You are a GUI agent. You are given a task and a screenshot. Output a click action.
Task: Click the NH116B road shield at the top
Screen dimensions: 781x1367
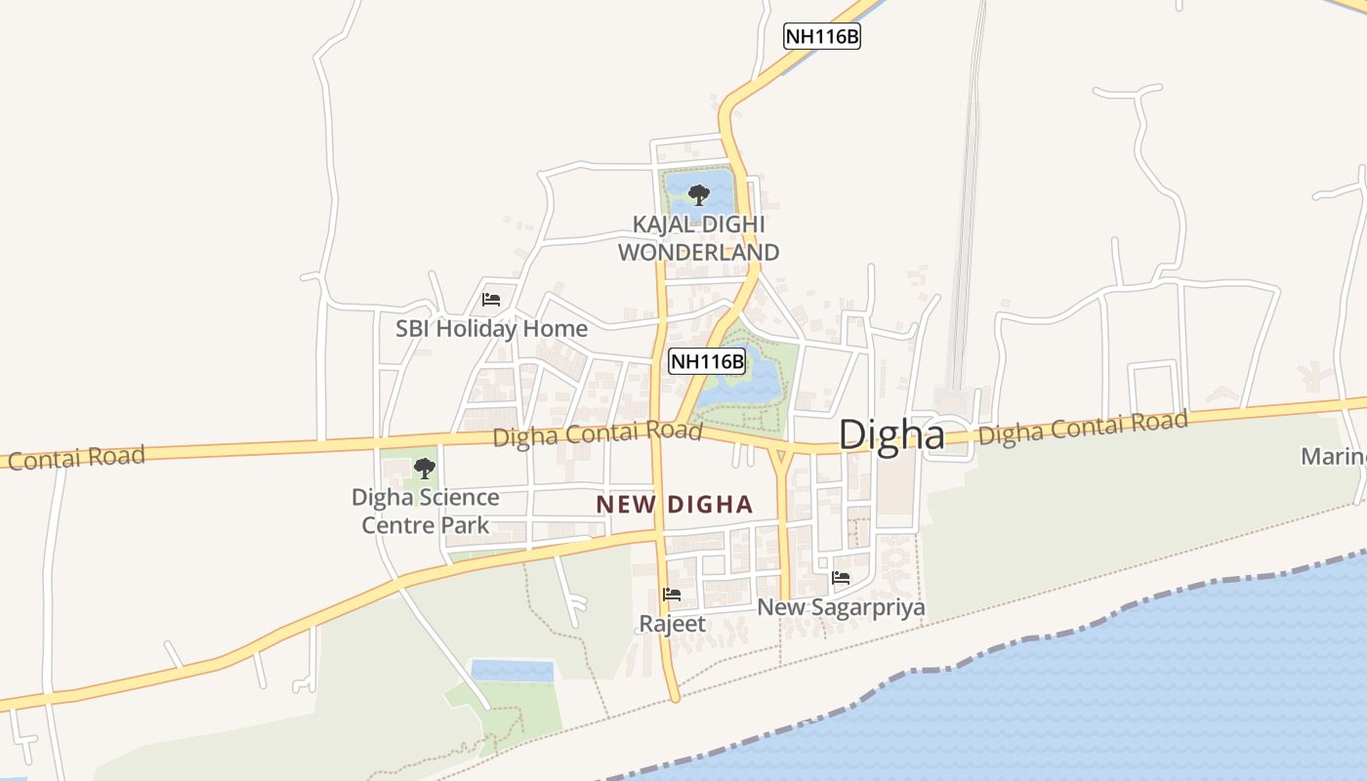click(822, 36)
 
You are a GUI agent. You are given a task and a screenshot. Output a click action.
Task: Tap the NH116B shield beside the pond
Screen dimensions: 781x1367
click(707, 361)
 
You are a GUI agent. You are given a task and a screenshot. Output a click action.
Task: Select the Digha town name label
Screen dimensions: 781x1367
click(891, 434)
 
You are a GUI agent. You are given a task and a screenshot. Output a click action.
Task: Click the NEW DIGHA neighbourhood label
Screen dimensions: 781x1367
click(675, 505)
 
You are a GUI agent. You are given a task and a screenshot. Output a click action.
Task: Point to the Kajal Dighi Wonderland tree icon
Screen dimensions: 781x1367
click(698, 195)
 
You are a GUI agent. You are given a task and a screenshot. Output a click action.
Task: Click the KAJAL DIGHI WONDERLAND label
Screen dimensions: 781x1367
click(699, 238)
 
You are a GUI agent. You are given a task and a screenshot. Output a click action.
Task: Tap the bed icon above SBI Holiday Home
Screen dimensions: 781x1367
click(491, 300)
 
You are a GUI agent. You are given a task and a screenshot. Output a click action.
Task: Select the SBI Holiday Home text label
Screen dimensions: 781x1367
click(491, 328)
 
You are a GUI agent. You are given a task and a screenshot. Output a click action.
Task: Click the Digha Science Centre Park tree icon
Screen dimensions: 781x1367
click(425, 468)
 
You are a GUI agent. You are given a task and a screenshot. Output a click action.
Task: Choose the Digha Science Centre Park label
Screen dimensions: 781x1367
click(426, 511)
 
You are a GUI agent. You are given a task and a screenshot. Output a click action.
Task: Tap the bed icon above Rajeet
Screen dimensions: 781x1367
click(672, 594)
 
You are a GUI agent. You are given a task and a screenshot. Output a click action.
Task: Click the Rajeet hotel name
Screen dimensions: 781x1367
click(672, 623)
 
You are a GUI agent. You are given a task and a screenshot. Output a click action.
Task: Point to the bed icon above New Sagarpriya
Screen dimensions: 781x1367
click(841, 578)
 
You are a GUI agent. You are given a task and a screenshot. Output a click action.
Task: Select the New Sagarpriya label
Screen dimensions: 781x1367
click(841, 607)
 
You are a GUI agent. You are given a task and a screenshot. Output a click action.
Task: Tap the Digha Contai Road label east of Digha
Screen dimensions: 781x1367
click(1083, 428)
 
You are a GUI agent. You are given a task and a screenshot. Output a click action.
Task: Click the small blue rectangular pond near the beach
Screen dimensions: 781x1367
click(513, 671)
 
